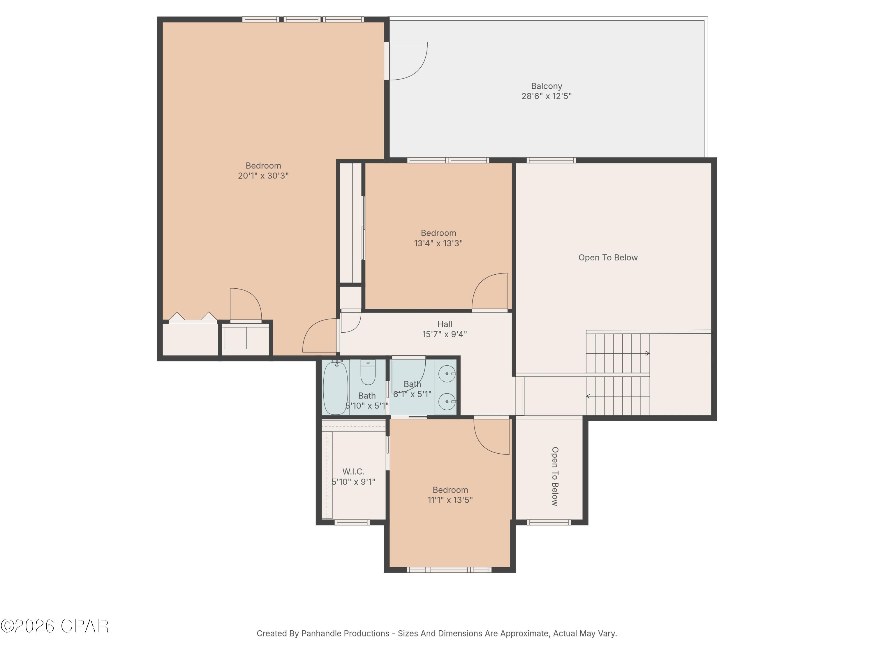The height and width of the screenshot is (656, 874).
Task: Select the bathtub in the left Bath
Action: [x=335, y=387]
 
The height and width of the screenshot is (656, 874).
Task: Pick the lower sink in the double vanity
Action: [x=447, y=402]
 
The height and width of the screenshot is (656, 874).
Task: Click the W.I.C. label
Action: [x=353, y=472]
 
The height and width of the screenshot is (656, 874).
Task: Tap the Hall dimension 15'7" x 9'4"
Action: [x=445, y=334]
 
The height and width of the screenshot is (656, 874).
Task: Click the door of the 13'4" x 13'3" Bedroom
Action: [x=490, y=291]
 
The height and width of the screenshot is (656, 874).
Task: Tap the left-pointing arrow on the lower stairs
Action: [x=588, y=396]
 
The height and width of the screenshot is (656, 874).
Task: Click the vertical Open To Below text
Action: [x=555, y=476]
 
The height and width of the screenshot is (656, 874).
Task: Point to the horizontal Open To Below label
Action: [x=608, y=258]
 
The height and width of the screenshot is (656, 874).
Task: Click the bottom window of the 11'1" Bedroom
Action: [x=449, y=570]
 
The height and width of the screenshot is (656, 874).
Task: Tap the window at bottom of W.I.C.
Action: [x=352, y=522]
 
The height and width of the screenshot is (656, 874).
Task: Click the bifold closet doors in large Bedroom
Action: [x=193, y=318]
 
